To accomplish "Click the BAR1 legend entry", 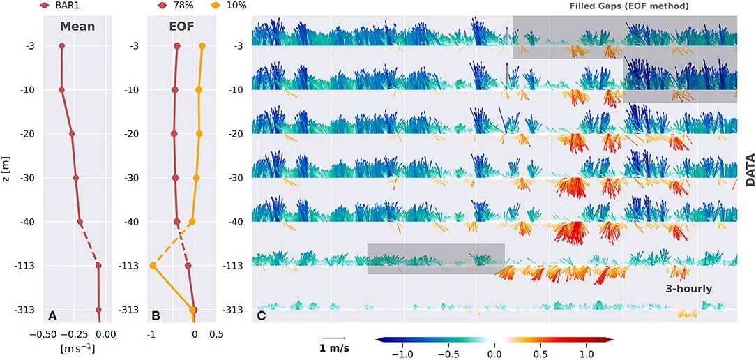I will pyautogui.click(x=67, y=6).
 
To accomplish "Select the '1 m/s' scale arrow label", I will pyautogui.click(x=335, y=348).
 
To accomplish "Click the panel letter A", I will pyautogui.click(x=52, y=315).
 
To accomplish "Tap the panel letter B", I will pyautogui.click(x=156, y=315).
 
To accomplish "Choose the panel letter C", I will pyautogui.click(x=261, y=315).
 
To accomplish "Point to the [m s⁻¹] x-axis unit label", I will pyautogui.click(x=77, y=347).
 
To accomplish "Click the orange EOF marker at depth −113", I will pyautogui.click(x=153, y=266).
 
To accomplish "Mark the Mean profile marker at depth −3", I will pyautogui.click(x=62, y=46).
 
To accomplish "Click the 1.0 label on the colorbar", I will pyautogui.click(x=586, y=353).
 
